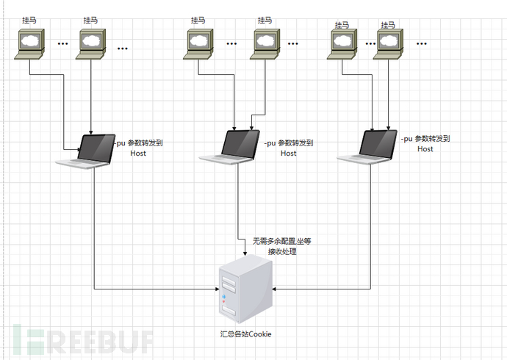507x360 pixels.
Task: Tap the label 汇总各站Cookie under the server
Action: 245,334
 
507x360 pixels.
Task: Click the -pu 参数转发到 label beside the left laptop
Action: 139,143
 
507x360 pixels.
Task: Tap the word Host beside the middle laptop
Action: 289,154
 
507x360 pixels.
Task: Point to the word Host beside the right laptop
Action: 425,149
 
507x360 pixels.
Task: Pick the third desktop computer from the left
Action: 198,43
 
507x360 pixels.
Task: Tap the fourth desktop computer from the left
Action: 265,43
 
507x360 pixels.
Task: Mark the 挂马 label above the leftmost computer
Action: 30,21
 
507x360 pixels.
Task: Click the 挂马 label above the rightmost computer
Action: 389,24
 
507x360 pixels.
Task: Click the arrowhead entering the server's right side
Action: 276,289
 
